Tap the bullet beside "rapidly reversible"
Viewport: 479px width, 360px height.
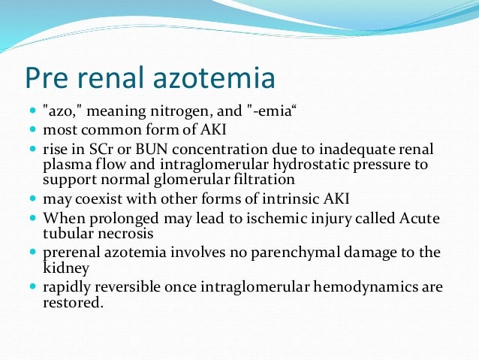click(x=34, y=287)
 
